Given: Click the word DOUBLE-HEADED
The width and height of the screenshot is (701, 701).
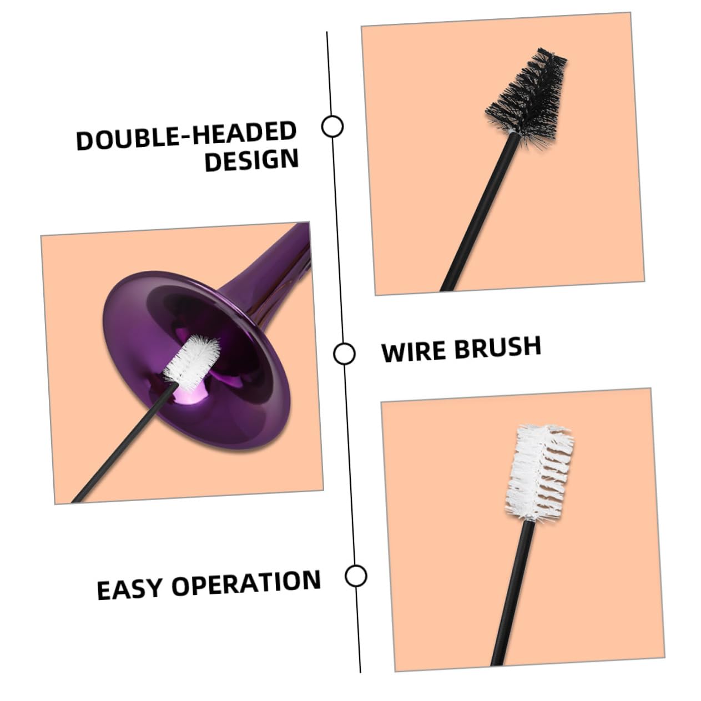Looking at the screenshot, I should click(x=186, y=135).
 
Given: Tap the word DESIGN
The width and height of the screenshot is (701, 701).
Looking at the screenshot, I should click(x=251, y=160).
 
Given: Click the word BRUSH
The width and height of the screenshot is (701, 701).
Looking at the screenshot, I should click(x=498, y=347).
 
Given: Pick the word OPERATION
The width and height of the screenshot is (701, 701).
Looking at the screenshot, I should click(x=246, y=583).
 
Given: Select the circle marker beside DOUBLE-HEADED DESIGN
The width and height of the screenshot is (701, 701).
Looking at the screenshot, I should click(x=332, y=127).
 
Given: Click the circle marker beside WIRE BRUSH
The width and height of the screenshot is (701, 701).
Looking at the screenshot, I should click(x=344, y=354).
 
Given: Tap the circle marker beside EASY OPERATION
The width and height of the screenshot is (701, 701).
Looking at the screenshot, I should click(x=356, y=576).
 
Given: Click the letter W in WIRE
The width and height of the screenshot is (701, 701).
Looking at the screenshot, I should click(x=393, y=352).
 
